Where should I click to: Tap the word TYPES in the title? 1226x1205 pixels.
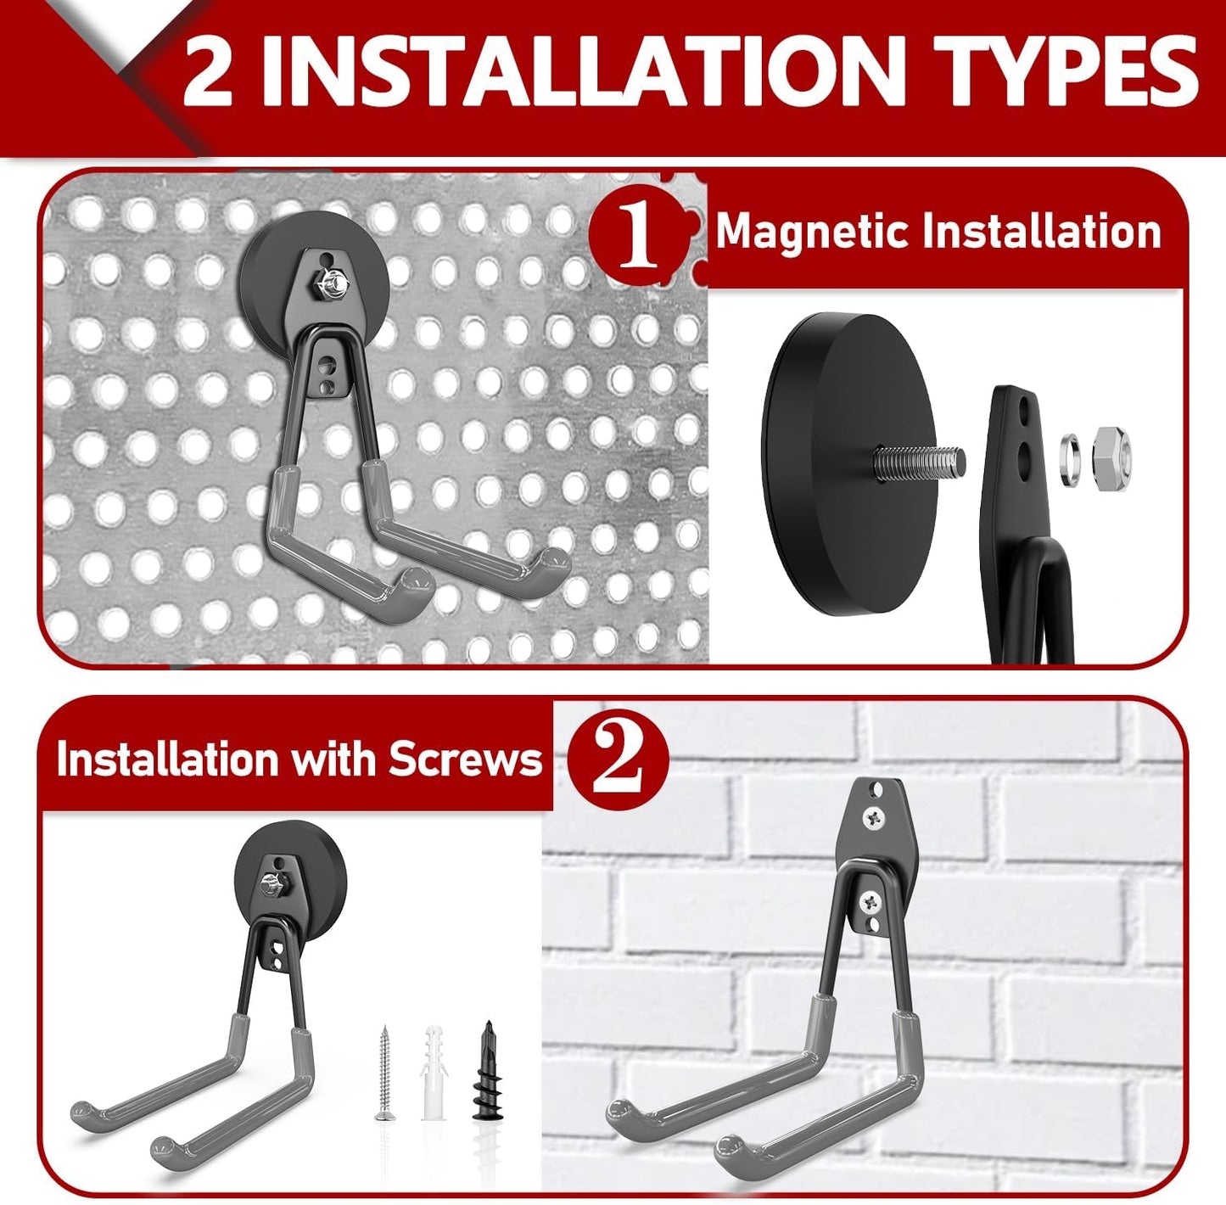[x=1065, y=71]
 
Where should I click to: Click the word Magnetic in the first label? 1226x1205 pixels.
[x=811, y=231]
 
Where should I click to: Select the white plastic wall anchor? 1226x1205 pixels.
[x=433, y=1072]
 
